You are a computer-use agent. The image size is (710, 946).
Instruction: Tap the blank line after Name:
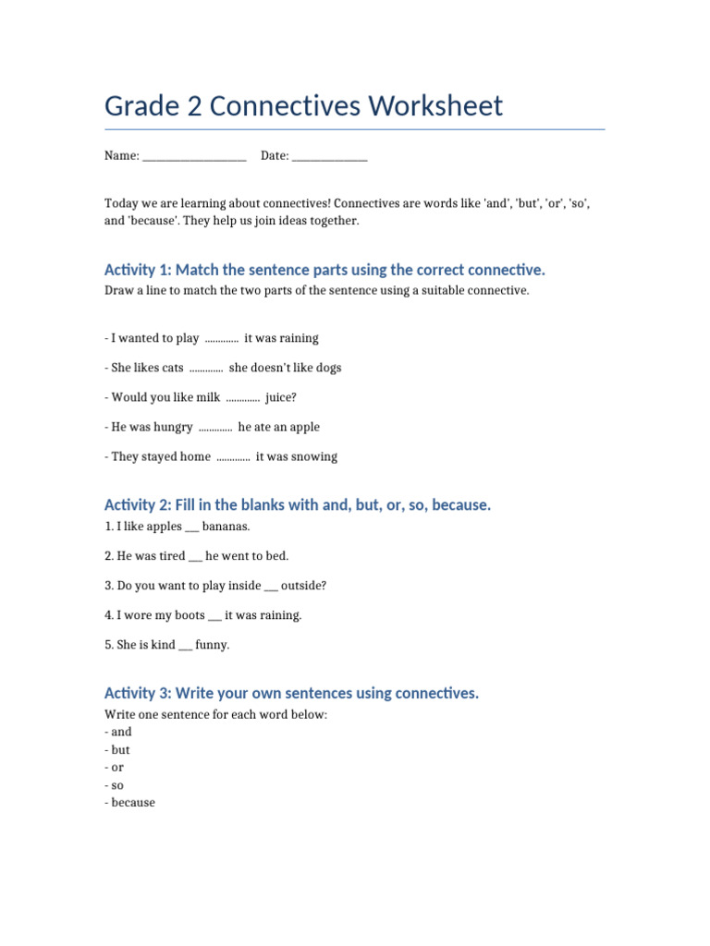(x=194, y=157)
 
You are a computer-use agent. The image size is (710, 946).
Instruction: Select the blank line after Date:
(x=329, y=157)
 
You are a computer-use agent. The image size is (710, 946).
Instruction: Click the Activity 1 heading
(x=324, y=270)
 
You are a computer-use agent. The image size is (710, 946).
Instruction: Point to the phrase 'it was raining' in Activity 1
(x=281, y=338)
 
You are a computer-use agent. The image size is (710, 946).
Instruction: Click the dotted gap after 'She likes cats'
(x=205, y=368)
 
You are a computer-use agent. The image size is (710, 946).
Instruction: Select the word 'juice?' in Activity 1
(x=281, y=397)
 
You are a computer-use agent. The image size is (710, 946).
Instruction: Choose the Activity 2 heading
(x=298, y=504)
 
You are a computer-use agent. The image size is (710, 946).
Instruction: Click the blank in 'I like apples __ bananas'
(x=192, y=528)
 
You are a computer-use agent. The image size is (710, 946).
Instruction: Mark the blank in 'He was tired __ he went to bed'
(x=195, y=556)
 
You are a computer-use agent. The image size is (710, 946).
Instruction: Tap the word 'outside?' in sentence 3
(x=303, y=586)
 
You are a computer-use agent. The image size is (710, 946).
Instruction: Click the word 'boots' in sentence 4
(x=190, y=615)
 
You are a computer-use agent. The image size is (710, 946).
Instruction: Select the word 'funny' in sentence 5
(x=213, y=645)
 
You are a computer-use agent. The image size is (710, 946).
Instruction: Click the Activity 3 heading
(x=291, y=693)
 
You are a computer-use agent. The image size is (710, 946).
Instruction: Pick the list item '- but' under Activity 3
(x=117, y=750)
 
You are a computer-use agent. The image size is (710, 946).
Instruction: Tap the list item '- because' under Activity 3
(x=130, y=803)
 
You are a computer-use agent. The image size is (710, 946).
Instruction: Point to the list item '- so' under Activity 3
(x=116, y=785)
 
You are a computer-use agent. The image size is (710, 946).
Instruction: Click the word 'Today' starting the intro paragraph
(x=121, y=203)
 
